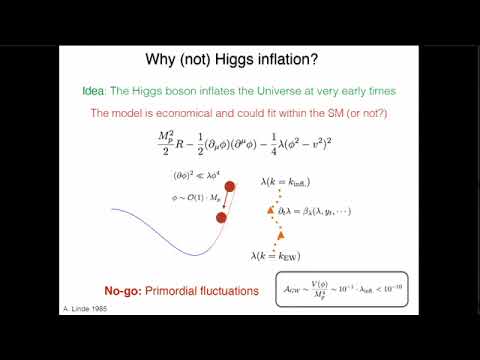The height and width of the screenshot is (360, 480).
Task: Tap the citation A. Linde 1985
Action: coord(84,311)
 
